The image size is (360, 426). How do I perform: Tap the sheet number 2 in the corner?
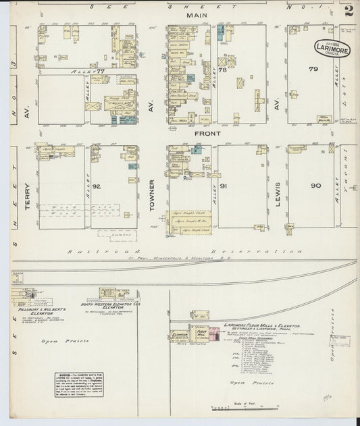pos(349,11)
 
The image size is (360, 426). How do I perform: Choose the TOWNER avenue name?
pos(153,196)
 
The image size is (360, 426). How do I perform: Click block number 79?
pos(313,70)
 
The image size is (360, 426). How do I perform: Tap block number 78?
pos(222,70)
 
